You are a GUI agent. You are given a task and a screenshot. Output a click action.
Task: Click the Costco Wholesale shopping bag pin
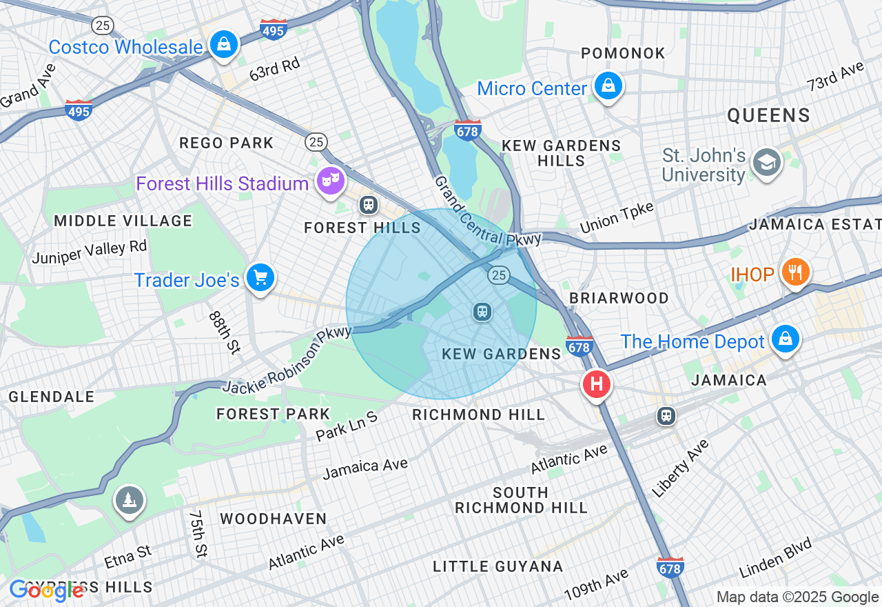pyautogui.click(x=224, y=45)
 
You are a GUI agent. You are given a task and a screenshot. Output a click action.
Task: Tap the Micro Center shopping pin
pyautogui.click(x=608, y=87)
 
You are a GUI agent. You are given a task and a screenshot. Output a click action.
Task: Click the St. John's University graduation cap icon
pyautogui.click(x=766, y=163)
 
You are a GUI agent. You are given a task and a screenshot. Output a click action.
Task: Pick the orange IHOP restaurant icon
pyautogui.click(x=794, y=272)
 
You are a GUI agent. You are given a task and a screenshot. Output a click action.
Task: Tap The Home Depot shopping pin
pyautogui.click(x=785, y=340)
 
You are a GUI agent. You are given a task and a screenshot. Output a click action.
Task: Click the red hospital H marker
pyautogui.click(x=597, y=384)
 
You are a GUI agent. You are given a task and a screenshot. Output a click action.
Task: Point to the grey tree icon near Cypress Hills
pyautogui.click(x=129, y=499)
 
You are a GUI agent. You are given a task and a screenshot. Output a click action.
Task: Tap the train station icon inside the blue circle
pyautogui.click(x=482, y=312)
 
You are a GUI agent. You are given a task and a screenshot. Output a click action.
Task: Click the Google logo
pyautogui.click(x=46, y=590)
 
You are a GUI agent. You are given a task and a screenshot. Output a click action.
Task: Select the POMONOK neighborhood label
pyautogui.click(x=623, y=53)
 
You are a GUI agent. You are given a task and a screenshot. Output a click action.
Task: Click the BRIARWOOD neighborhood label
pyautogui.click(x=619, y=298)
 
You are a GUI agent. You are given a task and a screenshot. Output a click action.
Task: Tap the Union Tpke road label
pyautogui.click(x=617, y=217)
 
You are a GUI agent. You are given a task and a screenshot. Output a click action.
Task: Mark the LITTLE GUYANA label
pyautogui.click(x=498, y=566)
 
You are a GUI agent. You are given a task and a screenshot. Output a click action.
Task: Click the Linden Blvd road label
pyautogui.click(x=775, y=557)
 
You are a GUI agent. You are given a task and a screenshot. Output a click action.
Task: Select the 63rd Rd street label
pyautogui.click(x=275, y=69)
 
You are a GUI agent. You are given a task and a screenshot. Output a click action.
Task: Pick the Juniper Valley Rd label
pyautogui.click(x=90, y=251)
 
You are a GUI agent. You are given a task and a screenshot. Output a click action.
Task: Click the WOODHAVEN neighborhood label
pyautogui.click(x=274, y=519)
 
